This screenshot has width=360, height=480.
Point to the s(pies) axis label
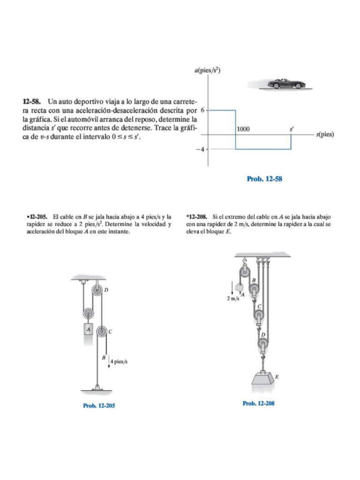click(x=325, y=134)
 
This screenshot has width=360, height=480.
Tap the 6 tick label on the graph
click(x=202, y=110)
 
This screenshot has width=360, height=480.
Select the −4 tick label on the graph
click(x=200, y=150)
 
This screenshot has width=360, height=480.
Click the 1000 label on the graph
click(x=243, y=129)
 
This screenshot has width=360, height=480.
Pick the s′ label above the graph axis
click(x=291, y=128)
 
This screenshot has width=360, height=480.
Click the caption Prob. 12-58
click(x=264, y=179)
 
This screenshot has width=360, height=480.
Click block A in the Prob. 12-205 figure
click(x=88, y=330)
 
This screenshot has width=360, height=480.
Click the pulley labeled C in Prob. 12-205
click(x=101, y=331)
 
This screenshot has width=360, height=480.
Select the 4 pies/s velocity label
click(x=119, y=361)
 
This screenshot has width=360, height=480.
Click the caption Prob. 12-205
click(x=99, y=405)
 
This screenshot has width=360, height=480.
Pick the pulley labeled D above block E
click(x=263, y=345)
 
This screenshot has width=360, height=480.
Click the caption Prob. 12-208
click(x=258, y=404)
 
